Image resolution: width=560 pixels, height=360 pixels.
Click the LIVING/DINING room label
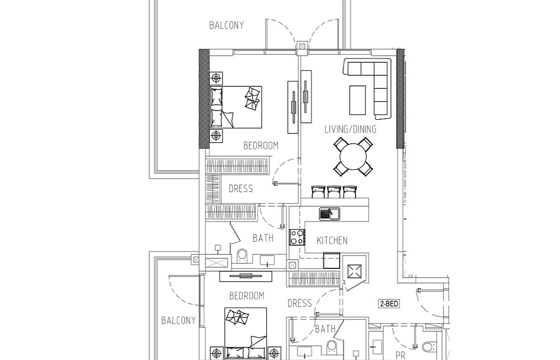(350, 129)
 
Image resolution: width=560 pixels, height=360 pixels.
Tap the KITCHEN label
(332, 240)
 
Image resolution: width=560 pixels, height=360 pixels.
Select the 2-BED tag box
(389, 304)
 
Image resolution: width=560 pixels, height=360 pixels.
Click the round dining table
(353, 157)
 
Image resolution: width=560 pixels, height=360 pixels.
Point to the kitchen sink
(330, 214)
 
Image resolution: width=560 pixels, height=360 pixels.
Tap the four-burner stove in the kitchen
(297, 237)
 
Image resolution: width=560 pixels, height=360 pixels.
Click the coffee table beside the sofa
(358, 100)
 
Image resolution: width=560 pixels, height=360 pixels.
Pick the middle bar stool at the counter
(334, 192)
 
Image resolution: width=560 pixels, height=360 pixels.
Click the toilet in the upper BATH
(242, 256)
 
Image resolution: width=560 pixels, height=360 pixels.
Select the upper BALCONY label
(226, 26)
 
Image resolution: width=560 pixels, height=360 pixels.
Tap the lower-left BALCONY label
(178, 320)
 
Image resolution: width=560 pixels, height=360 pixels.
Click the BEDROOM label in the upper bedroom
(261, 146)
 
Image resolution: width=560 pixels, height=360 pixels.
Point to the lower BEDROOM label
(247, 296)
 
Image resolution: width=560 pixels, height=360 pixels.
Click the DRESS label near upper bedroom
(241, 189)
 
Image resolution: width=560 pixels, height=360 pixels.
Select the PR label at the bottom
(400, 356)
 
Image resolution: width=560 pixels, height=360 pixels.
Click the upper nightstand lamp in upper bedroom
(216, 78)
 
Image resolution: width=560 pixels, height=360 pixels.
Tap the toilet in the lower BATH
(332, 346)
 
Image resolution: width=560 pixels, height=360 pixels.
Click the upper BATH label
(263, 238)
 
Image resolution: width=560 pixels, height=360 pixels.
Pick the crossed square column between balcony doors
(303, 46)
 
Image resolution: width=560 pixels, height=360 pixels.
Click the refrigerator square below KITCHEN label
(332, 261)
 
